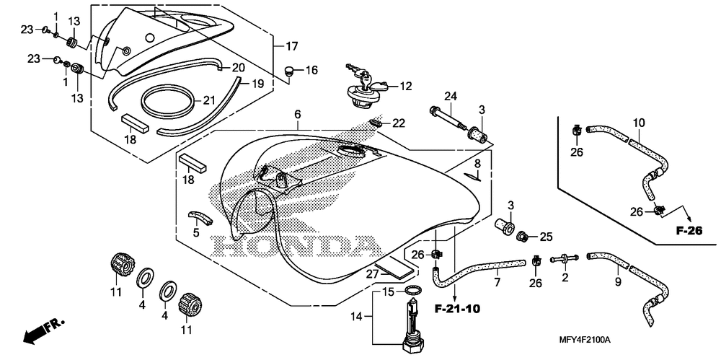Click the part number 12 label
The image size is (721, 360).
[405, 87]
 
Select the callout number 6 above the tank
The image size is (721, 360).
[297, 115]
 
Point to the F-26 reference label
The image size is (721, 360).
[688, 232]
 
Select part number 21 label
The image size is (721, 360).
[208, 100]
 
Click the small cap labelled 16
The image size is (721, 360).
[289, 71]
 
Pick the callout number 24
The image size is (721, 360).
[451, 96]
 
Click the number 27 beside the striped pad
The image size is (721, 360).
[372, 274]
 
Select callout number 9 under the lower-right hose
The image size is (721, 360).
[618, 282]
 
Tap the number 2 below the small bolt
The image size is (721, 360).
[565, 277]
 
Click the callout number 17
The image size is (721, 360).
[291, 47]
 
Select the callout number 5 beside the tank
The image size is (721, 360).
[196, 233]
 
